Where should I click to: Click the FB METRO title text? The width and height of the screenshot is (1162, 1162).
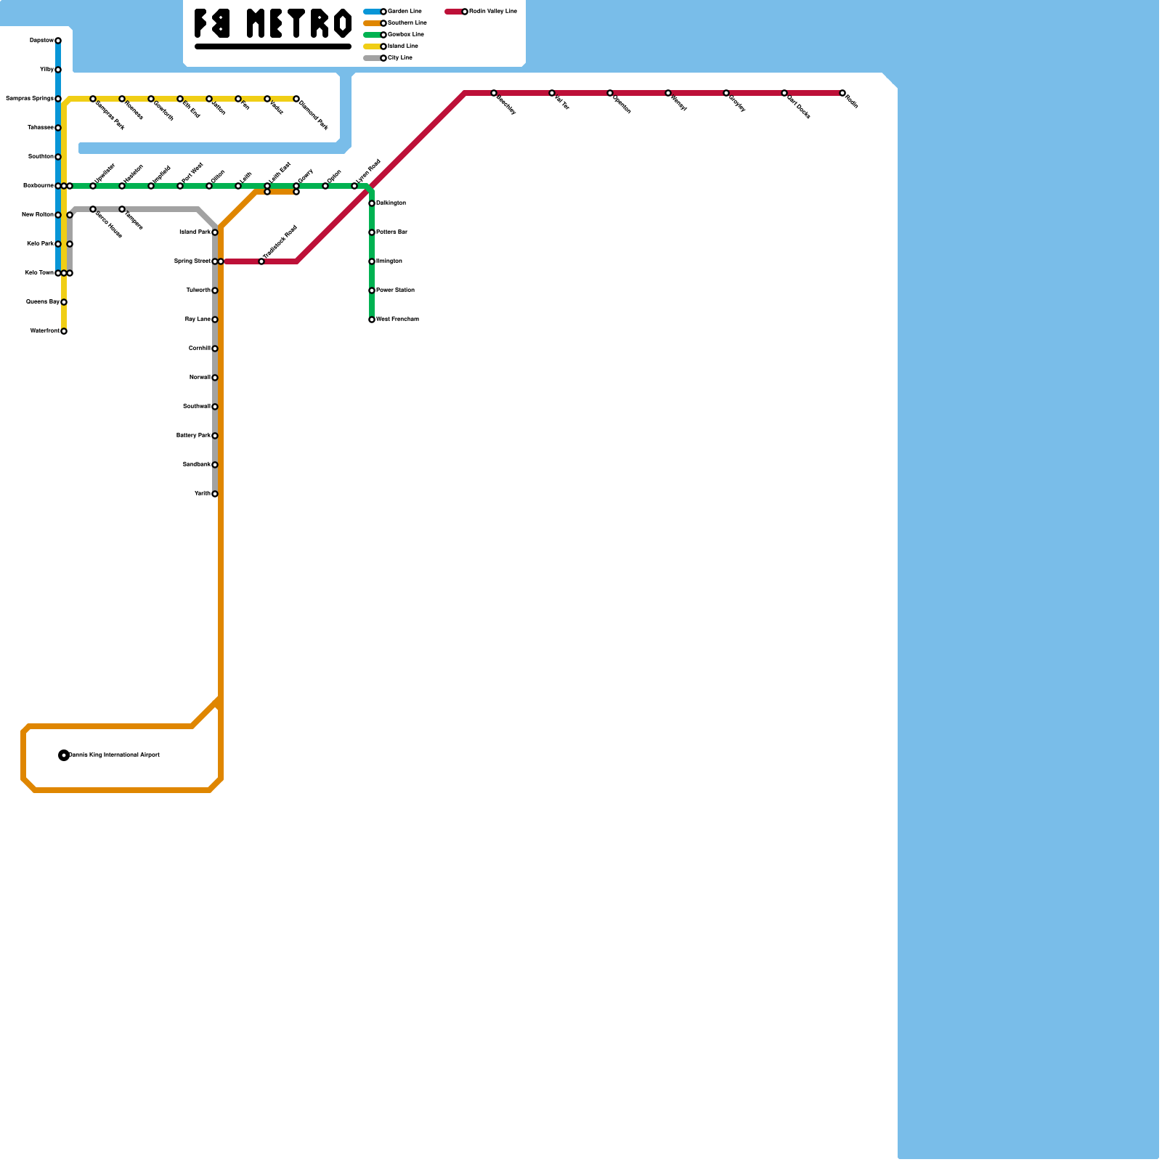point(273,23)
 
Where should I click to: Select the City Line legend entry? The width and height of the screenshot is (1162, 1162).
point(399,58)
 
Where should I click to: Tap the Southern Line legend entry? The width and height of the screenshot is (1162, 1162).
point(407,23)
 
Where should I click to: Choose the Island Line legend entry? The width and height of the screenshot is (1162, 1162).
point(402,46)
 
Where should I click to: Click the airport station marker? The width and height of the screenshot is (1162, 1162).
point(64,755)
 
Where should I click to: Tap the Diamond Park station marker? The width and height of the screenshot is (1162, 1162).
point(296,99)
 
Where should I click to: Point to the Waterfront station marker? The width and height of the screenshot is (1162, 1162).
point(64,331)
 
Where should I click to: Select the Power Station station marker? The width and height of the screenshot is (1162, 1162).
point(372,290)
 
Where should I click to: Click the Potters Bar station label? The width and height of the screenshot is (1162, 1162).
point(391,232)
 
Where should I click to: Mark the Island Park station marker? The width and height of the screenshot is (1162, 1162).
point(215,232)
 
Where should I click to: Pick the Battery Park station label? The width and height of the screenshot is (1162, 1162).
point(193,436)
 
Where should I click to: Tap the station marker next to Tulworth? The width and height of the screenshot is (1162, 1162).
point(215,290)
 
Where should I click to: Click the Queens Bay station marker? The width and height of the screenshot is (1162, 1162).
point(64,302)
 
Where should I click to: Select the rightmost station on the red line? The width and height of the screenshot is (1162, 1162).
point(842,93)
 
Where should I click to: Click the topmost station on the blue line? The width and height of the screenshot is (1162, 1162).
point(58,41)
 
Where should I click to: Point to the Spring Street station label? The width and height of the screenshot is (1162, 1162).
point(192,261)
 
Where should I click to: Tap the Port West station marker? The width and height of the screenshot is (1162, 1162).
point(180,186)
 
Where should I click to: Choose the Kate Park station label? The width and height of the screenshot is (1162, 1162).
point(40,244)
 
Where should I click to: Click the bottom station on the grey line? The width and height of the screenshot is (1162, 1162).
point(215,494)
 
